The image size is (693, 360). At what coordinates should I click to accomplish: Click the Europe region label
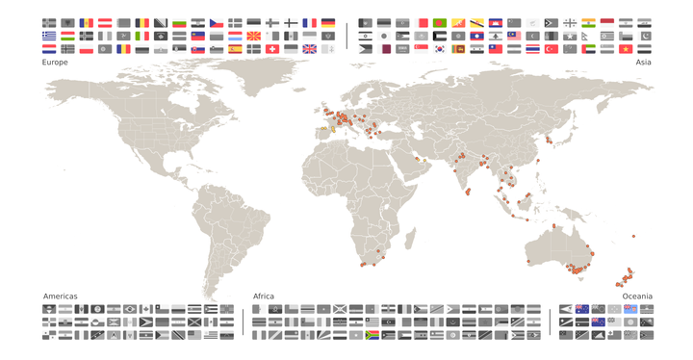(55, 62)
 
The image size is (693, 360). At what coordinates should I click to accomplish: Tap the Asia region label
(643, 62)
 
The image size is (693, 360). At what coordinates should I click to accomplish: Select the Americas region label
(60, 296)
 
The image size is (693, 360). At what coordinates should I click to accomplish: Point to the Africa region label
(264, 296)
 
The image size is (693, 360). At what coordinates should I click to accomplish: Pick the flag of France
(309, 23)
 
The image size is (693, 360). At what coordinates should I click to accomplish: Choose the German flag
(327, 23)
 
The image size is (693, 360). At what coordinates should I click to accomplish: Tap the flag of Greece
(49, 37)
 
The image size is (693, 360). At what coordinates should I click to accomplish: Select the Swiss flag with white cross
(272, 49)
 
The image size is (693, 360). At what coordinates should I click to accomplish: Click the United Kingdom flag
(309, 49)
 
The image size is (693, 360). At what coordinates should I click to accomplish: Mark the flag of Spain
(235, 37)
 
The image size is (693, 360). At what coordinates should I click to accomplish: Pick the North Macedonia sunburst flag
(253, 37)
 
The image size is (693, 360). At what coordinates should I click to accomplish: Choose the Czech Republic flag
(217, 23)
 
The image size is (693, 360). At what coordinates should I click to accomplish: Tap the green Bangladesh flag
(440, 23)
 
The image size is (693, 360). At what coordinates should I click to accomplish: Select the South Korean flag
(440, 49)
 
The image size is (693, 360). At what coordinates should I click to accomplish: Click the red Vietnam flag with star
(627, 49)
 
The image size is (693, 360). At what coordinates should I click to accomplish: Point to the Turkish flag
(552, 49)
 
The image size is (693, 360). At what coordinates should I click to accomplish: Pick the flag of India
(589, 23)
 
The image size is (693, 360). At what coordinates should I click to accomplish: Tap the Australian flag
(581, 309)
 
